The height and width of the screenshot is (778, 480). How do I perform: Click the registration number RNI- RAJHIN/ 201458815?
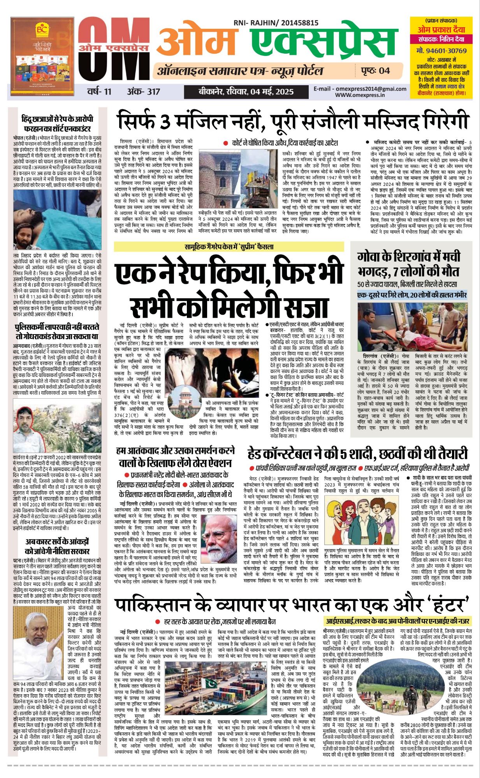[276, 23]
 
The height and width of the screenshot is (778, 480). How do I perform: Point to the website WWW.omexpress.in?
[360, 95]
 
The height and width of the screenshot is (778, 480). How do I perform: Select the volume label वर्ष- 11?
[99, 92]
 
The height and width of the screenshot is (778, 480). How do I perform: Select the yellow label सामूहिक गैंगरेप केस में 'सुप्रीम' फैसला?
[229, 247]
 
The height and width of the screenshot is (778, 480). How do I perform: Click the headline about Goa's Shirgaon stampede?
[409, 264]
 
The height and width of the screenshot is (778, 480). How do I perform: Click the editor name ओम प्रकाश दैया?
[441, 30]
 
